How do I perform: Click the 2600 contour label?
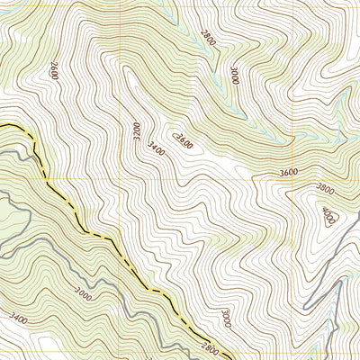click(x=53, y=70)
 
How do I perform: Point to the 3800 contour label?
click(x=325, y=189)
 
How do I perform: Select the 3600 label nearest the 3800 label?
click(x=289, y=173)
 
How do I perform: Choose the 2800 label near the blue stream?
click(x=208, y=36)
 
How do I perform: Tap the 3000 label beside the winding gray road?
click(x=83, y=292)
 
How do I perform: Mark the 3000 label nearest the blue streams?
click(x=234, y=76)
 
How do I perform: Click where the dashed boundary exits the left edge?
click(x=2, y=125)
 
